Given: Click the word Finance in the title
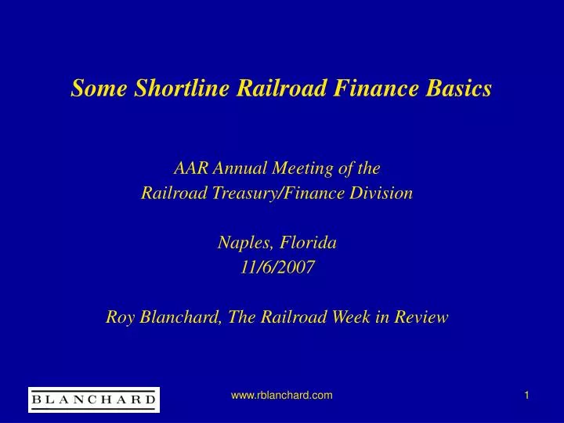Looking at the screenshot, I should (x=372, y=89).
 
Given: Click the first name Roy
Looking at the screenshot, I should (x=120, y=317).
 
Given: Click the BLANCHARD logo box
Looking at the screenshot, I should (x=93, y=399).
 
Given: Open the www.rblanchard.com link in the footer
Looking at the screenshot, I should (x=281, y=397).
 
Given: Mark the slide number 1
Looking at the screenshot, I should (x=527, y=397).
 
